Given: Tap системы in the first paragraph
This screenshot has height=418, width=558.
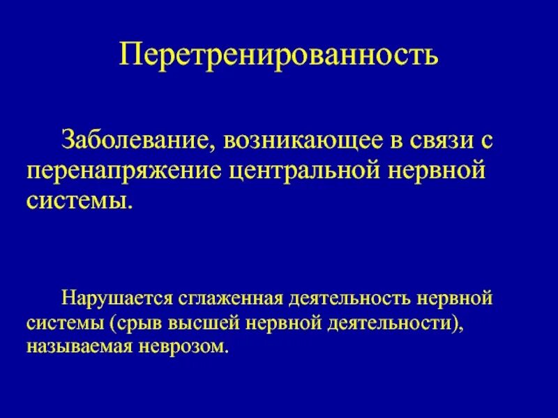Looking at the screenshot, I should (x=78, y=203).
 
